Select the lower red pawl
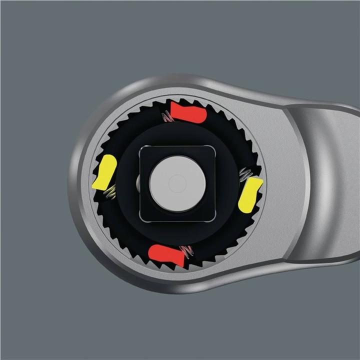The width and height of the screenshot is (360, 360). coord(166,255)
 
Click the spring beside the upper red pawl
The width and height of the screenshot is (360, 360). coord(166,117)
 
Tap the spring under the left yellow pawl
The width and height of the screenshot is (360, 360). coord(112,191)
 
